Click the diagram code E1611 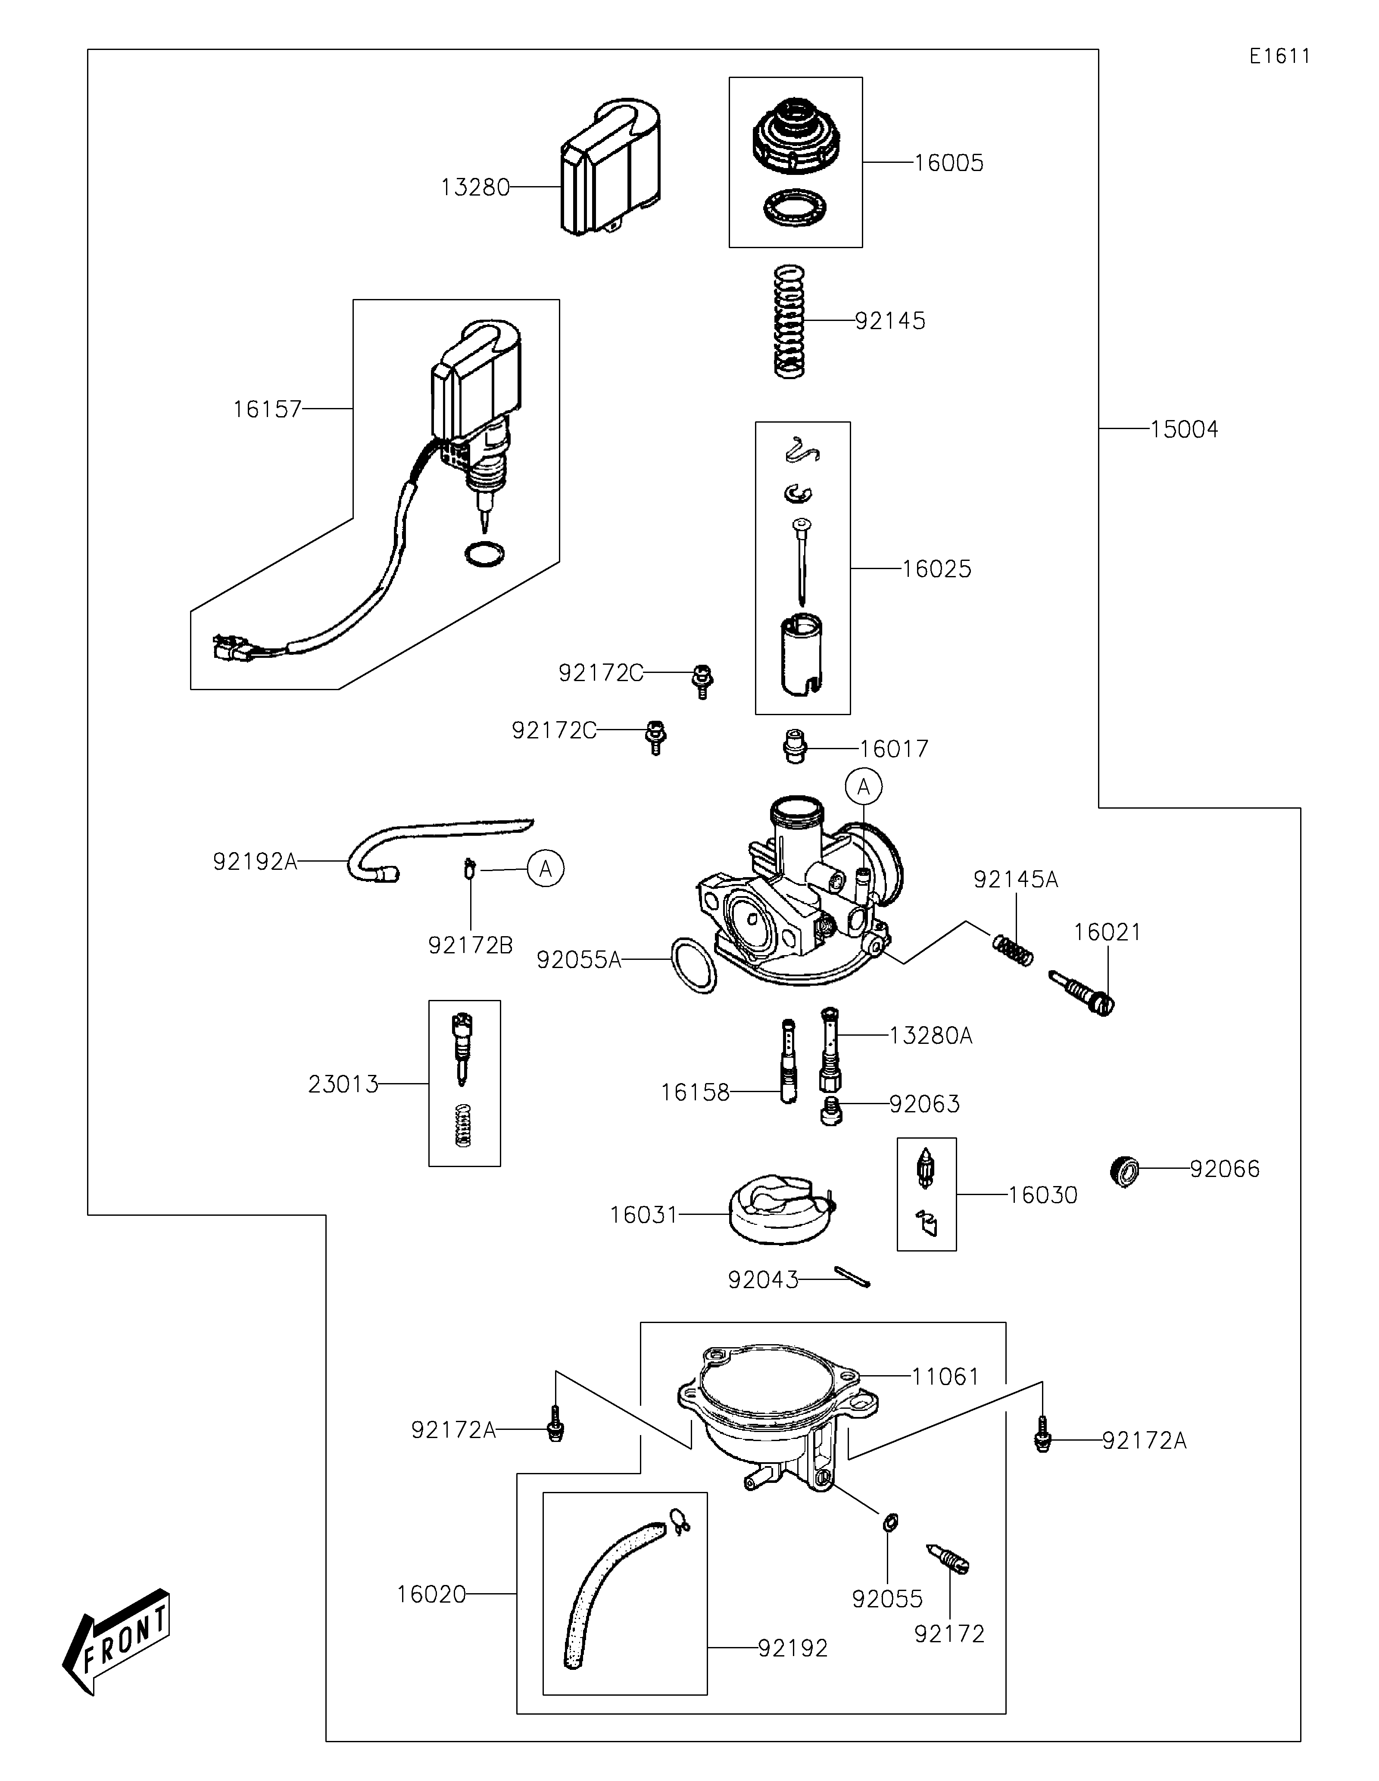click(x=1279, y=56)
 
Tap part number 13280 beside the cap click(x=474, y=187)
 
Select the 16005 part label click(x=948, y=163)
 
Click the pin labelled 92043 click(x=852, y=1276)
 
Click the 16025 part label click(x=936, y=569)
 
